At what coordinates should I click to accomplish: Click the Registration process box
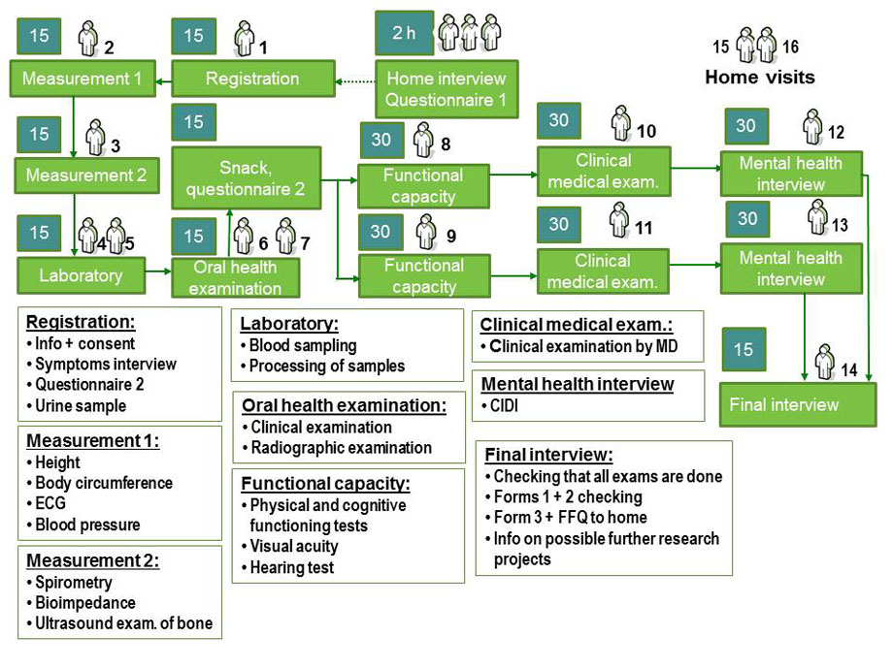coord(252,79)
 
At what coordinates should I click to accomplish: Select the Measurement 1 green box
coord(83,79)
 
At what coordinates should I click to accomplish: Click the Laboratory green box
coord(81,276)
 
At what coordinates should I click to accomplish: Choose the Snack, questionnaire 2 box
coord(246,178)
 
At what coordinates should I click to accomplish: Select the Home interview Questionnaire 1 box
coord(446,89)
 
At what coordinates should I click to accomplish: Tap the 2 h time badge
coord(404,33)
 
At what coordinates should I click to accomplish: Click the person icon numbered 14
coord(824,362)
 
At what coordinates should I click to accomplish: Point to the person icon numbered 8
coord(422,141)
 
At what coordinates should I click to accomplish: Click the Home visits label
coord(759,77)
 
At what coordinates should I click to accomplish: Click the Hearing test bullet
coord(291,567)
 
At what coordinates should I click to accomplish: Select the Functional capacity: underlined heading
coord(325,483)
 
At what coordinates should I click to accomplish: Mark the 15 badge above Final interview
coord(744,349)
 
